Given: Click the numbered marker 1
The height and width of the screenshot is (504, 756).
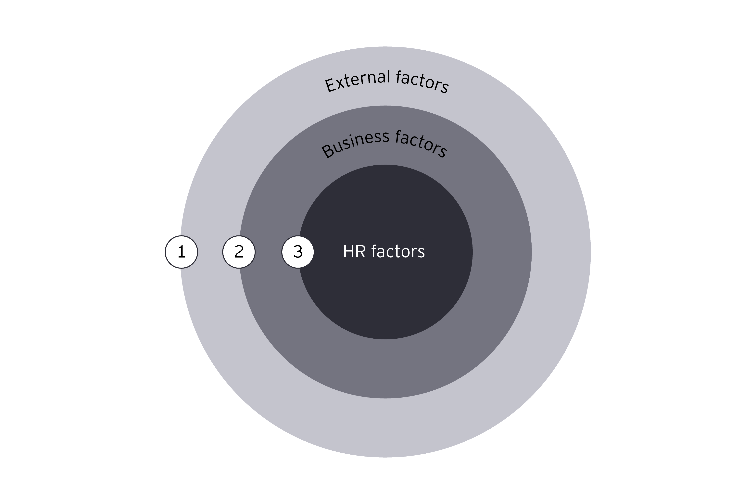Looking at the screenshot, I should click(181, 252).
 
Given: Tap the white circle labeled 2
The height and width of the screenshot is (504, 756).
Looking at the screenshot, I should click(239, 252).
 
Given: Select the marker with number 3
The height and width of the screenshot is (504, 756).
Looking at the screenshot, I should click(298, 252).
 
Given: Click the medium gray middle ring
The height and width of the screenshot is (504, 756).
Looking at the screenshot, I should click(386, 370).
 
